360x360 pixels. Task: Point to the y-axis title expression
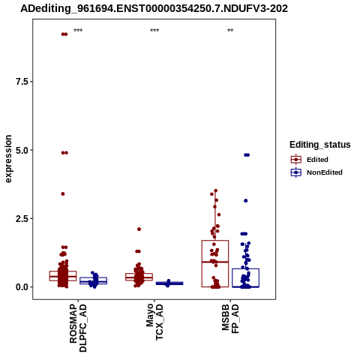[x=8, y=159]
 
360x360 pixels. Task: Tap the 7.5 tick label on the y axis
[x=21, y=82]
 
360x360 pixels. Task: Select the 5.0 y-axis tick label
[x=21, y=150]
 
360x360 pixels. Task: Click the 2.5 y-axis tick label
[x=21, y=218]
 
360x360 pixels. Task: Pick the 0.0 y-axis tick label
[x=21, y=287]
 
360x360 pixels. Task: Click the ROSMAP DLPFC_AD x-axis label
[x=78, y=328]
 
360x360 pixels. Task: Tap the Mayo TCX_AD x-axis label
[x=154, y=322]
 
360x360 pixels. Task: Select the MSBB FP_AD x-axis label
[x=230, y=319]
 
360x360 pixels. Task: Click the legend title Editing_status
[x=320, y=145]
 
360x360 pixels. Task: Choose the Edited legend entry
[x=310, y=160]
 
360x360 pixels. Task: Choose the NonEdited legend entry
[x=316, y=172]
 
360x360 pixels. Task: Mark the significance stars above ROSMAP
[x=78, y=31]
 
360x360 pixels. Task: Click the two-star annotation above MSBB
[x=230, y=31]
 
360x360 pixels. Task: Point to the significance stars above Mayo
[x=154, y=31]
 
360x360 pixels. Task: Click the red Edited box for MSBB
[x=215, y=241]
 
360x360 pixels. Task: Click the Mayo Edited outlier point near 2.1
[x=139, y=229]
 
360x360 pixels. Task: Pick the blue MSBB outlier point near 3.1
[x=245, y=201]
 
